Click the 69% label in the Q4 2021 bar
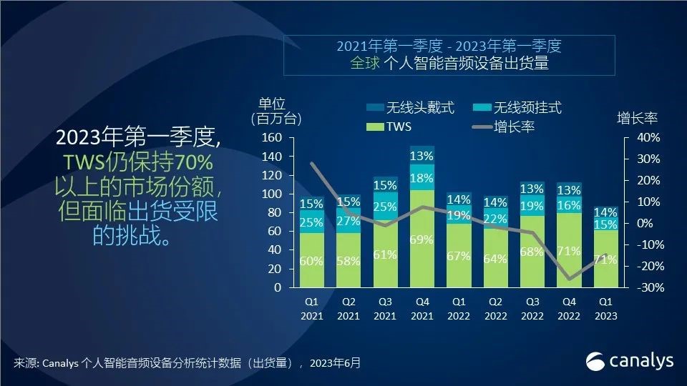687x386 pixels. [x=422, y=239]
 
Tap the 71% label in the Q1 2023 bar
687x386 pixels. [x=605, y=259]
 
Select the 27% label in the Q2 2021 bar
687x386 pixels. [x=348, y=221]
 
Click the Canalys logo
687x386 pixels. [x=630, y=361]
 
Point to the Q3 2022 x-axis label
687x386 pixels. [x=531, y=310]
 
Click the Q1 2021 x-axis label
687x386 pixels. [x=311, y=310]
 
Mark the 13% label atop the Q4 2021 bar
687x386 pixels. [x=422, y=156]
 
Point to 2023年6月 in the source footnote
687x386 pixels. [x=336, y=362]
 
